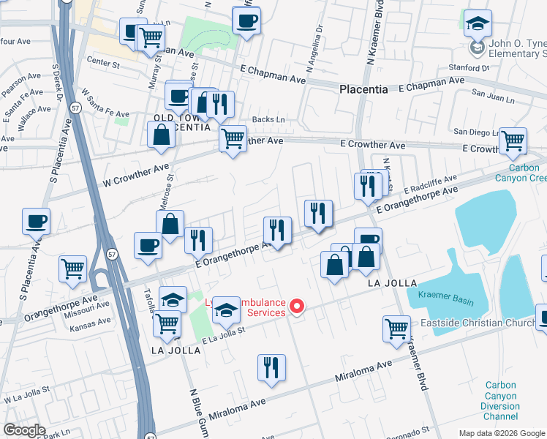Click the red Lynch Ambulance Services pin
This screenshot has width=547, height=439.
click(297, 307)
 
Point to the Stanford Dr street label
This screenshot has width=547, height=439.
click(469, 68)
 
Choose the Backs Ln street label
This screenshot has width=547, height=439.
click(268, 119)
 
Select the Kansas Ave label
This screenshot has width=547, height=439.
click(90, 320)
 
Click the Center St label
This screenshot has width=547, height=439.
click(102, 61)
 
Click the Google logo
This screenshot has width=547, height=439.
click(24, 430)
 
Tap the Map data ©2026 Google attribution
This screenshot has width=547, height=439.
click(501, 433)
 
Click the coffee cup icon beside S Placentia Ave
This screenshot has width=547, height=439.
click(36, 221)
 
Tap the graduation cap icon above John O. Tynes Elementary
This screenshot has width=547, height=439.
click(478, 25)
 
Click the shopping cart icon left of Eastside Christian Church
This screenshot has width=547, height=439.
click(396, 329)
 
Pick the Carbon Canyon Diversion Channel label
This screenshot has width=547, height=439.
click(500, 400)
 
